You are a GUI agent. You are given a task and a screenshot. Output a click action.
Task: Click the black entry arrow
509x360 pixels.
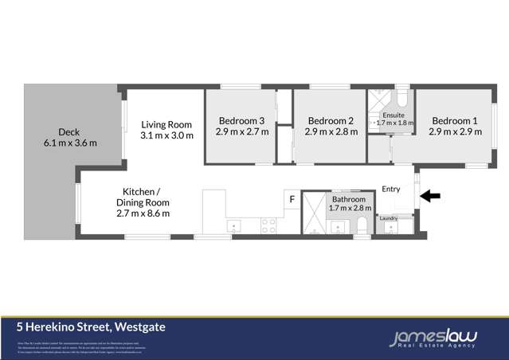click(429, 196)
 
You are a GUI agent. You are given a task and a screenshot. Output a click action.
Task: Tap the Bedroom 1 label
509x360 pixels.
click(455, 121)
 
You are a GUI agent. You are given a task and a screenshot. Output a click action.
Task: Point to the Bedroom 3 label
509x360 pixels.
click(241, 121)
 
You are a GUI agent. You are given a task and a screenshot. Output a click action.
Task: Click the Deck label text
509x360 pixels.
click(69, 132)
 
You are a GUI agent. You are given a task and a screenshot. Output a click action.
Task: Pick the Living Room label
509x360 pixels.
click(166, 124)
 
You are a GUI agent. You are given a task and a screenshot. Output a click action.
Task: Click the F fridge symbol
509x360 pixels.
click(292, 198)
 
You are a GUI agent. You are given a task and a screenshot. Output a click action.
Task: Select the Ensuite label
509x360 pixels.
click(393, 115)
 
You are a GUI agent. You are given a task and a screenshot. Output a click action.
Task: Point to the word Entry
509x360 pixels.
click(391, 189)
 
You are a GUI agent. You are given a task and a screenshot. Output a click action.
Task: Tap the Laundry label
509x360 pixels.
click(389, 217)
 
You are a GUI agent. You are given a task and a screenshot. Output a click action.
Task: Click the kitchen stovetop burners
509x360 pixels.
click(268, 225)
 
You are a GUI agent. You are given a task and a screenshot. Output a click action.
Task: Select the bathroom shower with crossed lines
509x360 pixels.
click(315, 212)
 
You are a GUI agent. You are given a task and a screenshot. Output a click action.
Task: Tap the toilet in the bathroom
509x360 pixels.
click(362, 228)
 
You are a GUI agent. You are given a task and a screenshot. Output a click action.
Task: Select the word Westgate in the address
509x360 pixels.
click(140, 327)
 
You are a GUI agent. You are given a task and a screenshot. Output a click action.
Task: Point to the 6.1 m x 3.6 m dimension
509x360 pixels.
click(69, 143)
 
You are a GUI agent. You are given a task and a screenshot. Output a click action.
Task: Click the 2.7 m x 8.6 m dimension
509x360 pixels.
click(143, 213)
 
